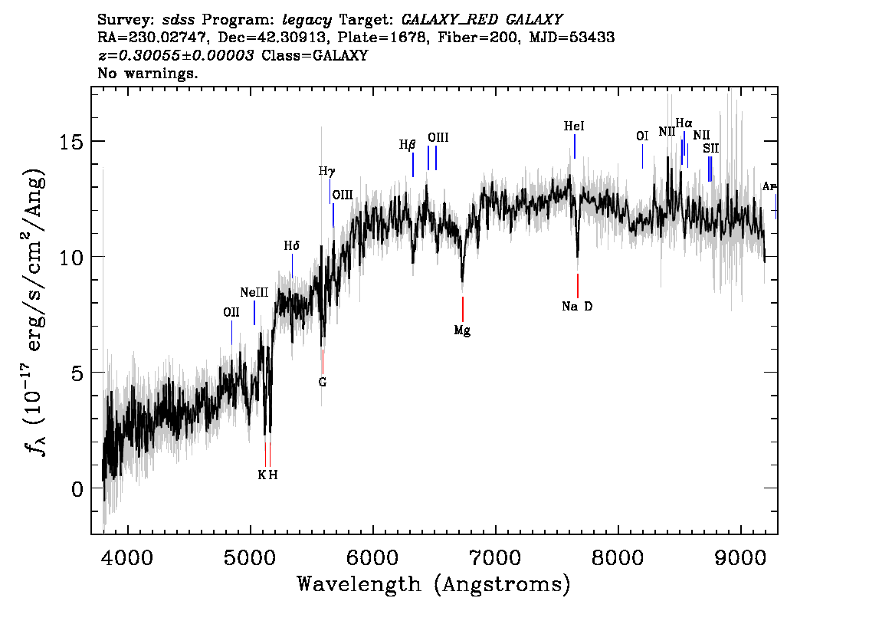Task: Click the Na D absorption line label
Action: pyautogui.click(x=577, y=307)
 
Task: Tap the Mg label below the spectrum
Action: pyautogui.click(x=462, y=330)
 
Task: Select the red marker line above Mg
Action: pyautogui.click(x=462, y=309)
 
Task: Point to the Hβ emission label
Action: pyautogui.click(x=407, y=144)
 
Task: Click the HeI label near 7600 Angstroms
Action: pyautogui.click(x=574, y=127)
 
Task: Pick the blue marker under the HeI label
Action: pyautogui.click(x=574, y=146)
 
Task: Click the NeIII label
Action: pyautogui.click(x=254, y=293)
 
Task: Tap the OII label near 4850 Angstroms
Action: pyautogui.click(x=231, y=312)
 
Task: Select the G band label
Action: pyautogui.click(x=323, y=381)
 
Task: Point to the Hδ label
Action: pyautogui.click(x=291, y=246)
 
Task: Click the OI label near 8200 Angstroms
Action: pyautogui.click(x=642, y=136)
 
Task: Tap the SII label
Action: pyautogui.click(x=711, y=148)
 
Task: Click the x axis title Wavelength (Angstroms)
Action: pyautogui.click(x=434, y=585)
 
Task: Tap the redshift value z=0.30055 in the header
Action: pyautogui.click(x=175, y=56)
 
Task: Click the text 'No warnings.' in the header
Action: pyautogui.click(x=148, y=74)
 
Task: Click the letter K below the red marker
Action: pyautogui.click(x=261, y=475)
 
